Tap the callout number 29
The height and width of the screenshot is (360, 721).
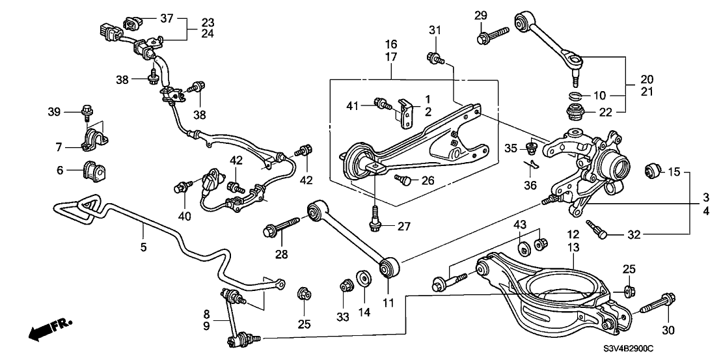point(480,16)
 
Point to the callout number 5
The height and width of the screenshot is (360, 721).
point(143,247)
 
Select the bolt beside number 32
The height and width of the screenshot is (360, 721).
point(595,228)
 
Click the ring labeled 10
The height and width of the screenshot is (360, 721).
point(575,97)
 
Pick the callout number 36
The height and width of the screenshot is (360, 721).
point(531,186)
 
